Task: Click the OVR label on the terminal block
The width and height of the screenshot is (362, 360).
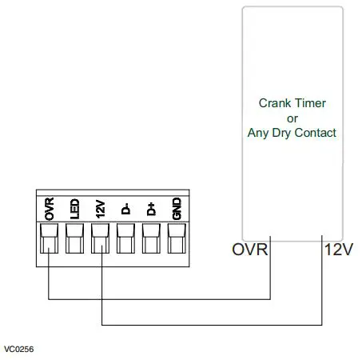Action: pos(50,209)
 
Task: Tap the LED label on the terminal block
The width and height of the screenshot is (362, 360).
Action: pos(75,210)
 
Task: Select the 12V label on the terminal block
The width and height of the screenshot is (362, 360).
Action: pos(101,210)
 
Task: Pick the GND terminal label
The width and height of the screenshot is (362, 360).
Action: pos(177,210)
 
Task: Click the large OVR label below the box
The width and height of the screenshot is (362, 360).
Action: pos(249,250)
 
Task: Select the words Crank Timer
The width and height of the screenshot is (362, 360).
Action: pos(292,103)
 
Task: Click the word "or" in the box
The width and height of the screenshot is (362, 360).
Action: pos(292,118)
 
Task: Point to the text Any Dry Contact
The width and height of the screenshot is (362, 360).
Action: pos(292,132)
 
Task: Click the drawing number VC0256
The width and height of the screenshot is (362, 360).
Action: pos(19,350)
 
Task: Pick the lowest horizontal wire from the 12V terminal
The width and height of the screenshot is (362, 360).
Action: pos(212,325)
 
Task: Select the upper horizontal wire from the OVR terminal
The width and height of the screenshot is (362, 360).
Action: pos(160,298)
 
